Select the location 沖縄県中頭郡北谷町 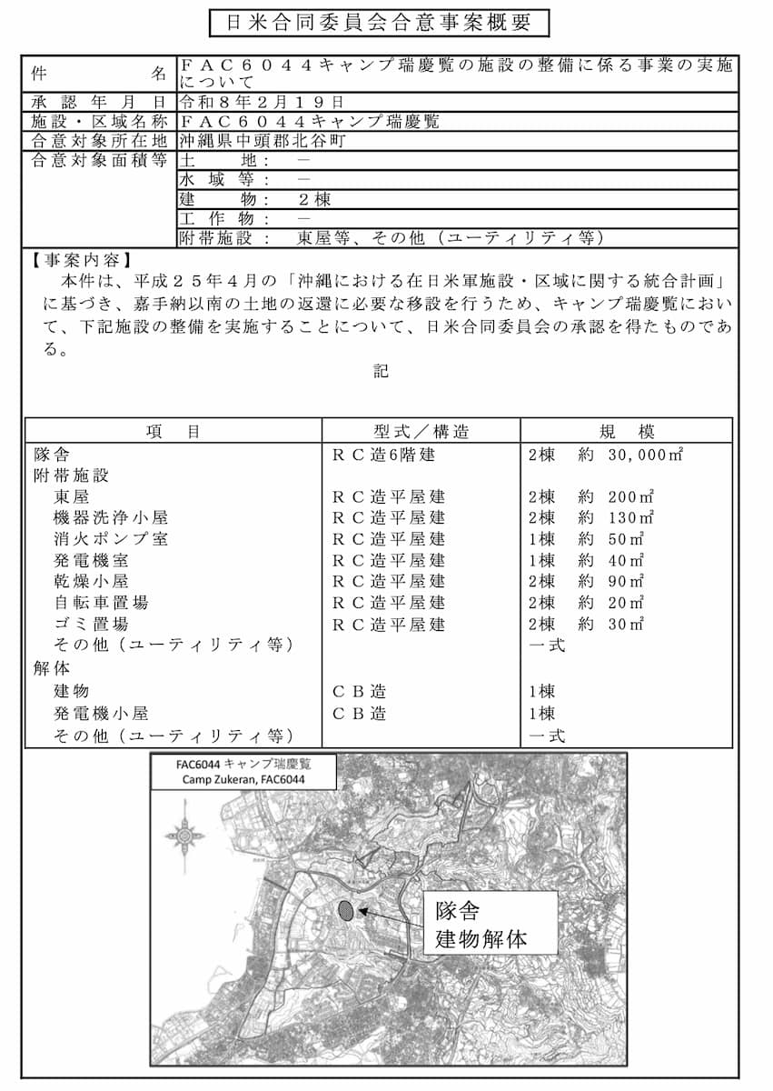[262, 141]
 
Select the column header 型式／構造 [421, 432]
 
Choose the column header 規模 [626, 432]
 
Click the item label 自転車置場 [101, 602]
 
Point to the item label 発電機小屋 [101, 714]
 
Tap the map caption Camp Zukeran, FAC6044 [243, 780]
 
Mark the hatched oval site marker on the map [345, 909]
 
